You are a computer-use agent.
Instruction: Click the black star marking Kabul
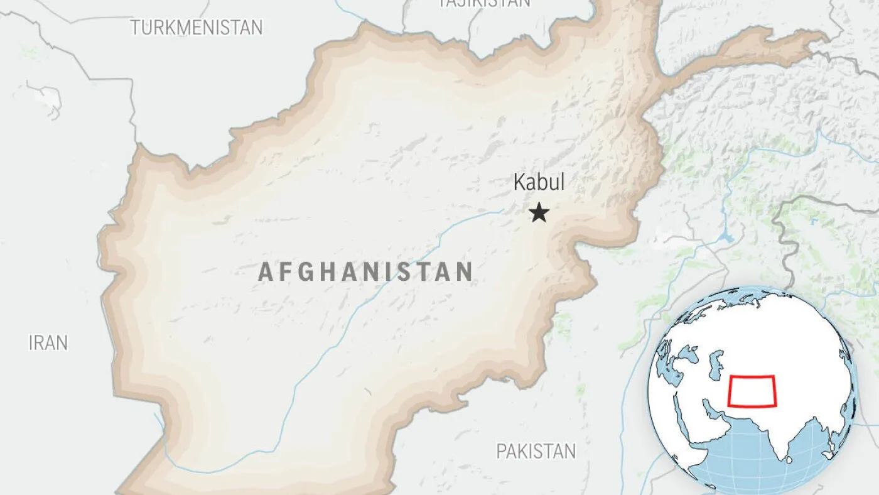click(x=539, y=212)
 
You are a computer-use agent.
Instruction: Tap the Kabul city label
click(x=539, y=182)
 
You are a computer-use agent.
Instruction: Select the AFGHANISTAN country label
click(x=365, y=272)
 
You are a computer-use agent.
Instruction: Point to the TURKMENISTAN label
click(x=197, y=28)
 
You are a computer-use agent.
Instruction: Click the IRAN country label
click(x=48, y=343)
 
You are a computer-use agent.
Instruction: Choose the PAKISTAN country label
click(x=536, y=451)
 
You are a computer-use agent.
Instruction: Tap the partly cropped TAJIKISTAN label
click(x=484, y=3)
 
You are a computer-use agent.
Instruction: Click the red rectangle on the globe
click(x=752, y=391)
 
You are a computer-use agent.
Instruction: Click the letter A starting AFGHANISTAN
click(x=266, y=272)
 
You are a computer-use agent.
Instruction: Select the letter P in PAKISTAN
click(x=501, y=451)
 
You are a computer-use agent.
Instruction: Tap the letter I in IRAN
click(x=31, y=343)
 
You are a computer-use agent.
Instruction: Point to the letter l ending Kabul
click(x=562, y=182)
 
